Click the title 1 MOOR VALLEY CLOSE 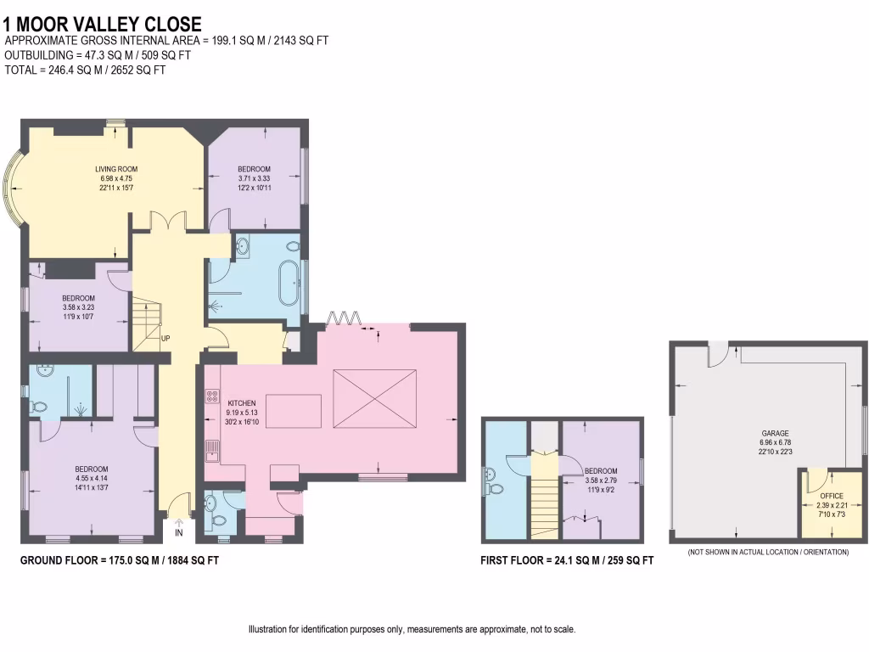tap(103, 25)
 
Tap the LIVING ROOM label tap(115, 170)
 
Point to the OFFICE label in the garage tap(832, 495)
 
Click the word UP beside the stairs tap(166, 339)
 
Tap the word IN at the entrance tap(179, 533)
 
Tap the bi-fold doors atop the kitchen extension tap(345, 318)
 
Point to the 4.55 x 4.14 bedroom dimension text tap(92, 479)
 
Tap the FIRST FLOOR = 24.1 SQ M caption tap(567, 560)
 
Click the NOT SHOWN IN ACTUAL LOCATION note tap(768, 553)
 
